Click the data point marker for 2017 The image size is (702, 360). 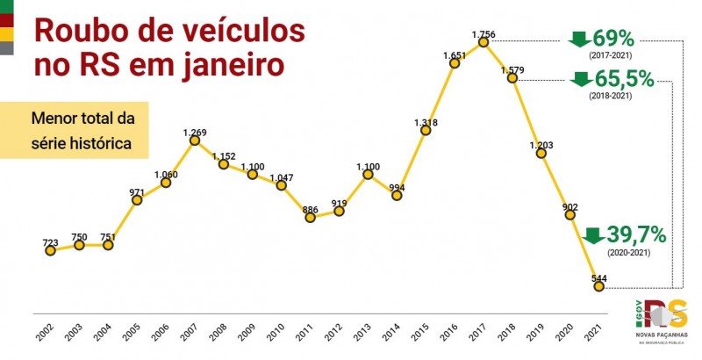484,42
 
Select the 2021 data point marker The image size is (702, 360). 599,286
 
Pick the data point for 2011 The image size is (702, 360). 311,217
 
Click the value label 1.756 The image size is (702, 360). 484,34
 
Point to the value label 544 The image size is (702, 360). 599,277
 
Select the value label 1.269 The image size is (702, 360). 195,133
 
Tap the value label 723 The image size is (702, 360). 50,241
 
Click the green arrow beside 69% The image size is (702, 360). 580,39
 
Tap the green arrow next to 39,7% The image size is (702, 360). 593,235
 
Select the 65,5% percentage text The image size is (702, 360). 625,79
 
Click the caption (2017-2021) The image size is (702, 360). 613,55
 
